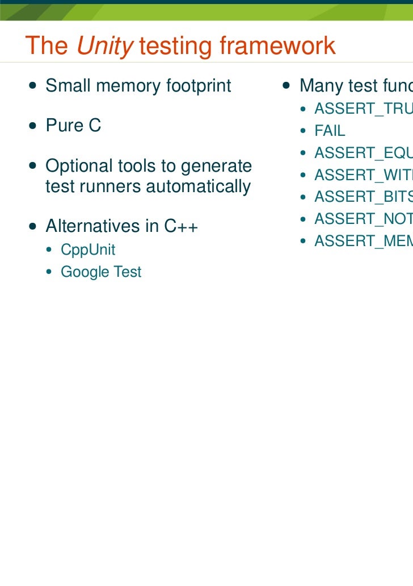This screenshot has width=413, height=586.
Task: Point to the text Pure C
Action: click(73, 126)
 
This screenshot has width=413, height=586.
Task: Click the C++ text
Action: click(181, 226)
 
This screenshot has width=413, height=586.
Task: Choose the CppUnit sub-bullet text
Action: click(88, 250)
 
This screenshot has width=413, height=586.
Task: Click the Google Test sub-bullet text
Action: click(101, 272)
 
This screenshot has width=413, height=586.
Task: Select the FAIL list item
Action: click(330, 131)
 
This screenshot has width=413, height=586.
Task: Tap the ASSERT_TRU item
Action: click(363, 109)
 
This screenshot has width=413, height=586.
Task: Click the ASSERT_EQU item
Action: click(363, 153)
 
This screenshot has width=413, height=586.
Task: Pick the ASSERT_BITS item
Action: click(363, 197)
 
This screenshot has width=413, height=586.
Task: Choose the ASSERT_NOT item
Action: click(363, 219)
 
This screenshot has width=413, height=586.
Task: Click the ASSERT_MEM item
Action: click(363, 241)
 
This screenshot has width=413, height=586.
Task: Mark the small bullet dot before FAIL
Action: click(305, 132)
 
